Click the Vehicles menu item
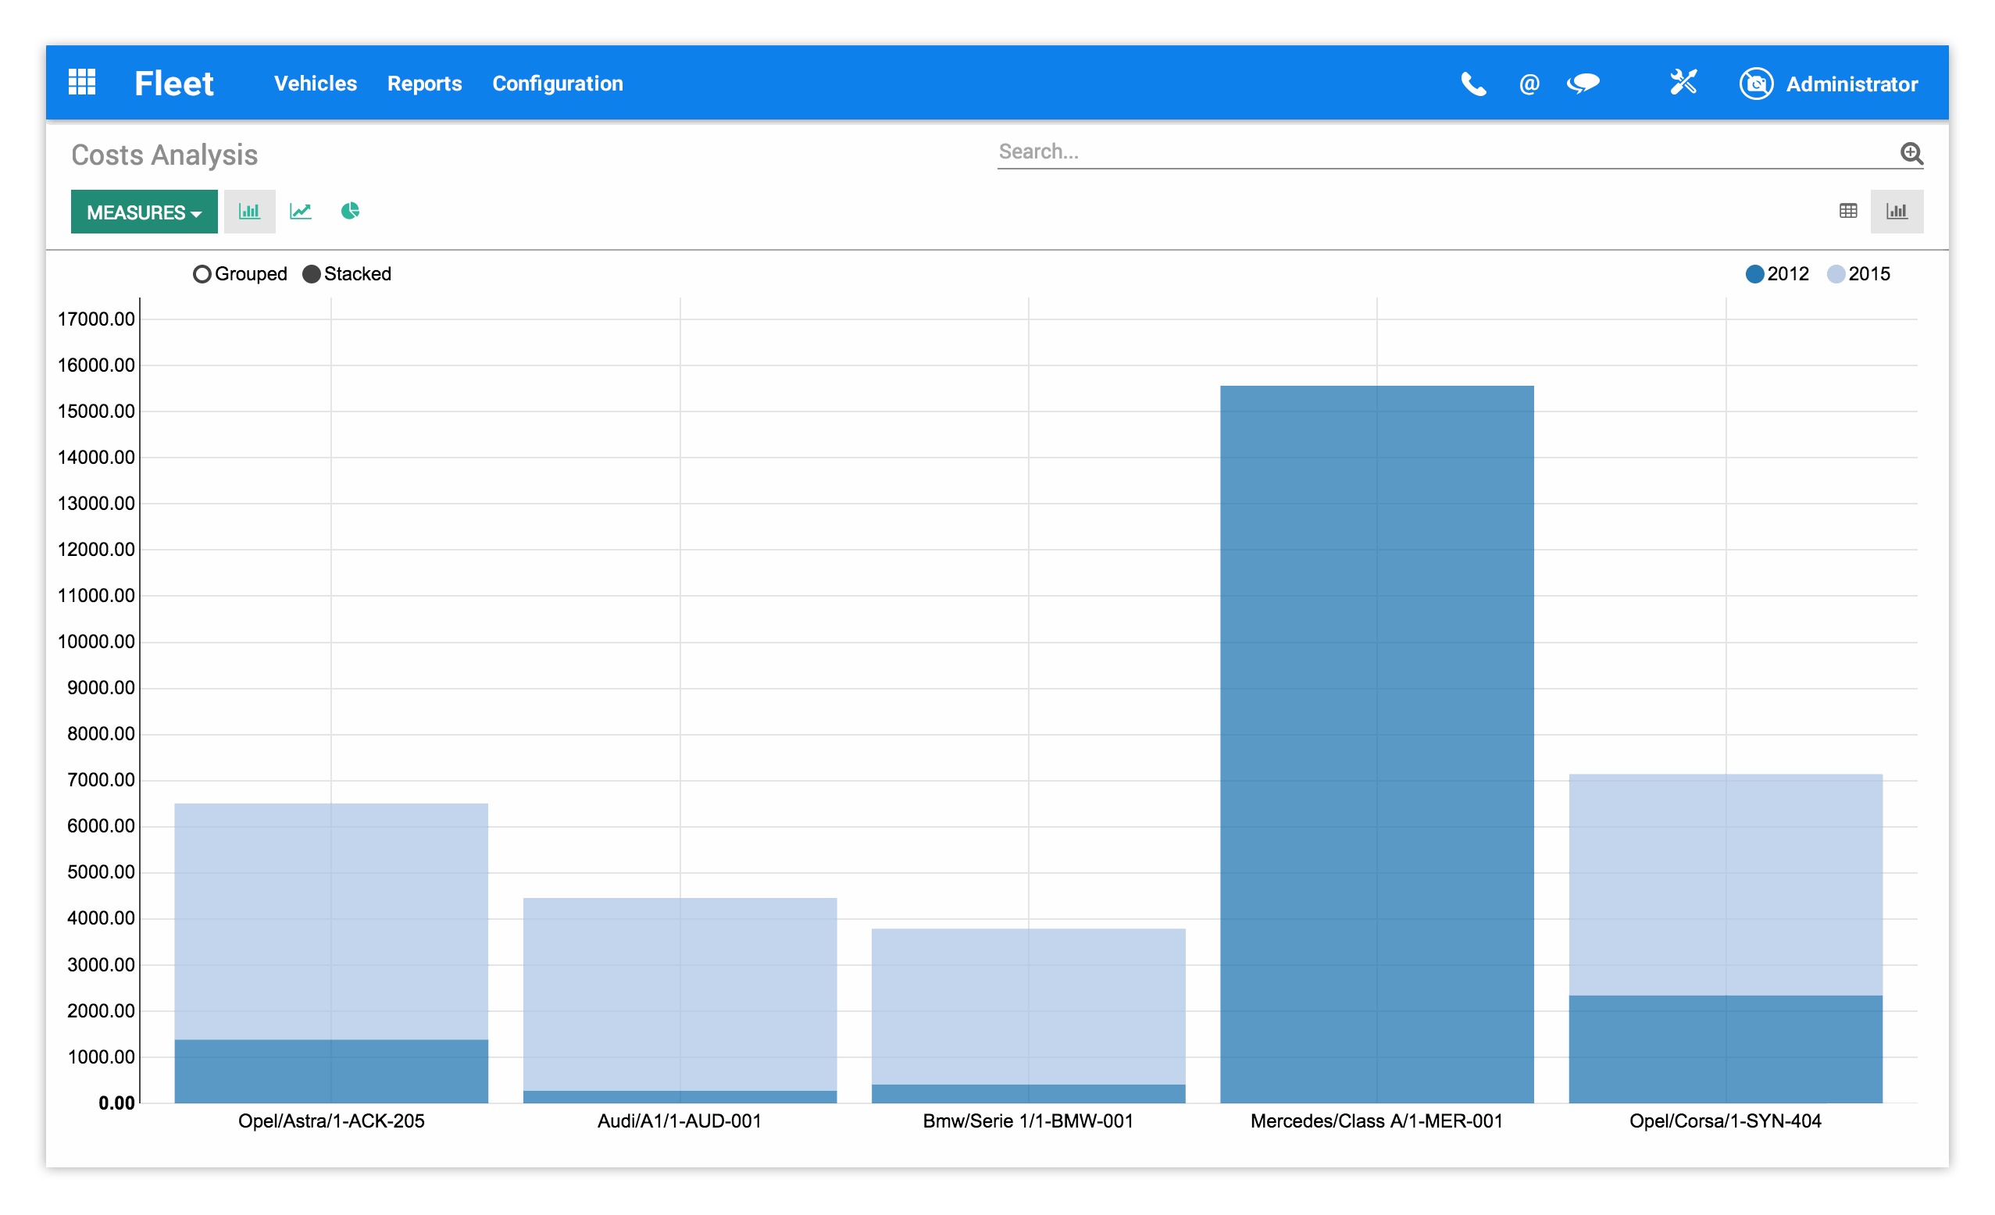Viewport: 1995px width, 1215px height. (315, 84)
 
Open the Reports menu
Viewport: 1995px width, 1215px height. (424, 84)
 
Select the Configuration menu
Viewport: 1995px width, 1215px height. (557, 84)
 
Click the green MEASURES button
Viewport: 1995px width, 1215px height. (143, 212)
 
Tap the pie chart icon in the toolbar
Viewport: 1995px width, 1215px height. (350, 212)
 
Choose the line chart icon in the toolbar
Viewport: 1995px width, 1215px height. (301, 212)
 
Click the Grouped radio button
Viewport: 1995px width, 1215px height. (202, 274)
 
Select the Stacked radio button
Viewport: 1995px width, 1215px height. (312, 274)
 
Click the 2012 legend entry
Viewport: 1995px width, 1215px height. (1776, 274)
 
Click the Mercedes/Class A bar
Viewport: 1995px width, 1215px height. (1376, 745)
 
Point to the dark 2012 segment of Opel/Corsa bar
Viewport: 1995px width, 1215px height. (1725, 1048)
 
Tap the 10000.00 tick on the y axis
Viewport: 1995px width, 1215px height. (96, 642)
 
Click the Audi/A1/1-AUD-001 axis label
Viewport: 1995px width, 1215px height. (680, 1121)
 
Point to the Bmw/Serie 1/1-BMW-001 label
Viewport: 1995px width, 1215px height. (1027, 1121)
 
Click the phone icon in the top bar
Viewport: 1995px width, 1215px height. (1472, 84)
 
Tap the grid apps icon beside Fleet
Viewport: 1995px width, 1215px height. (82, 83)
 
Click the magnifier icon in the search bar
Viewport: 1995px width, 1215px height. (1911, 153)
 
